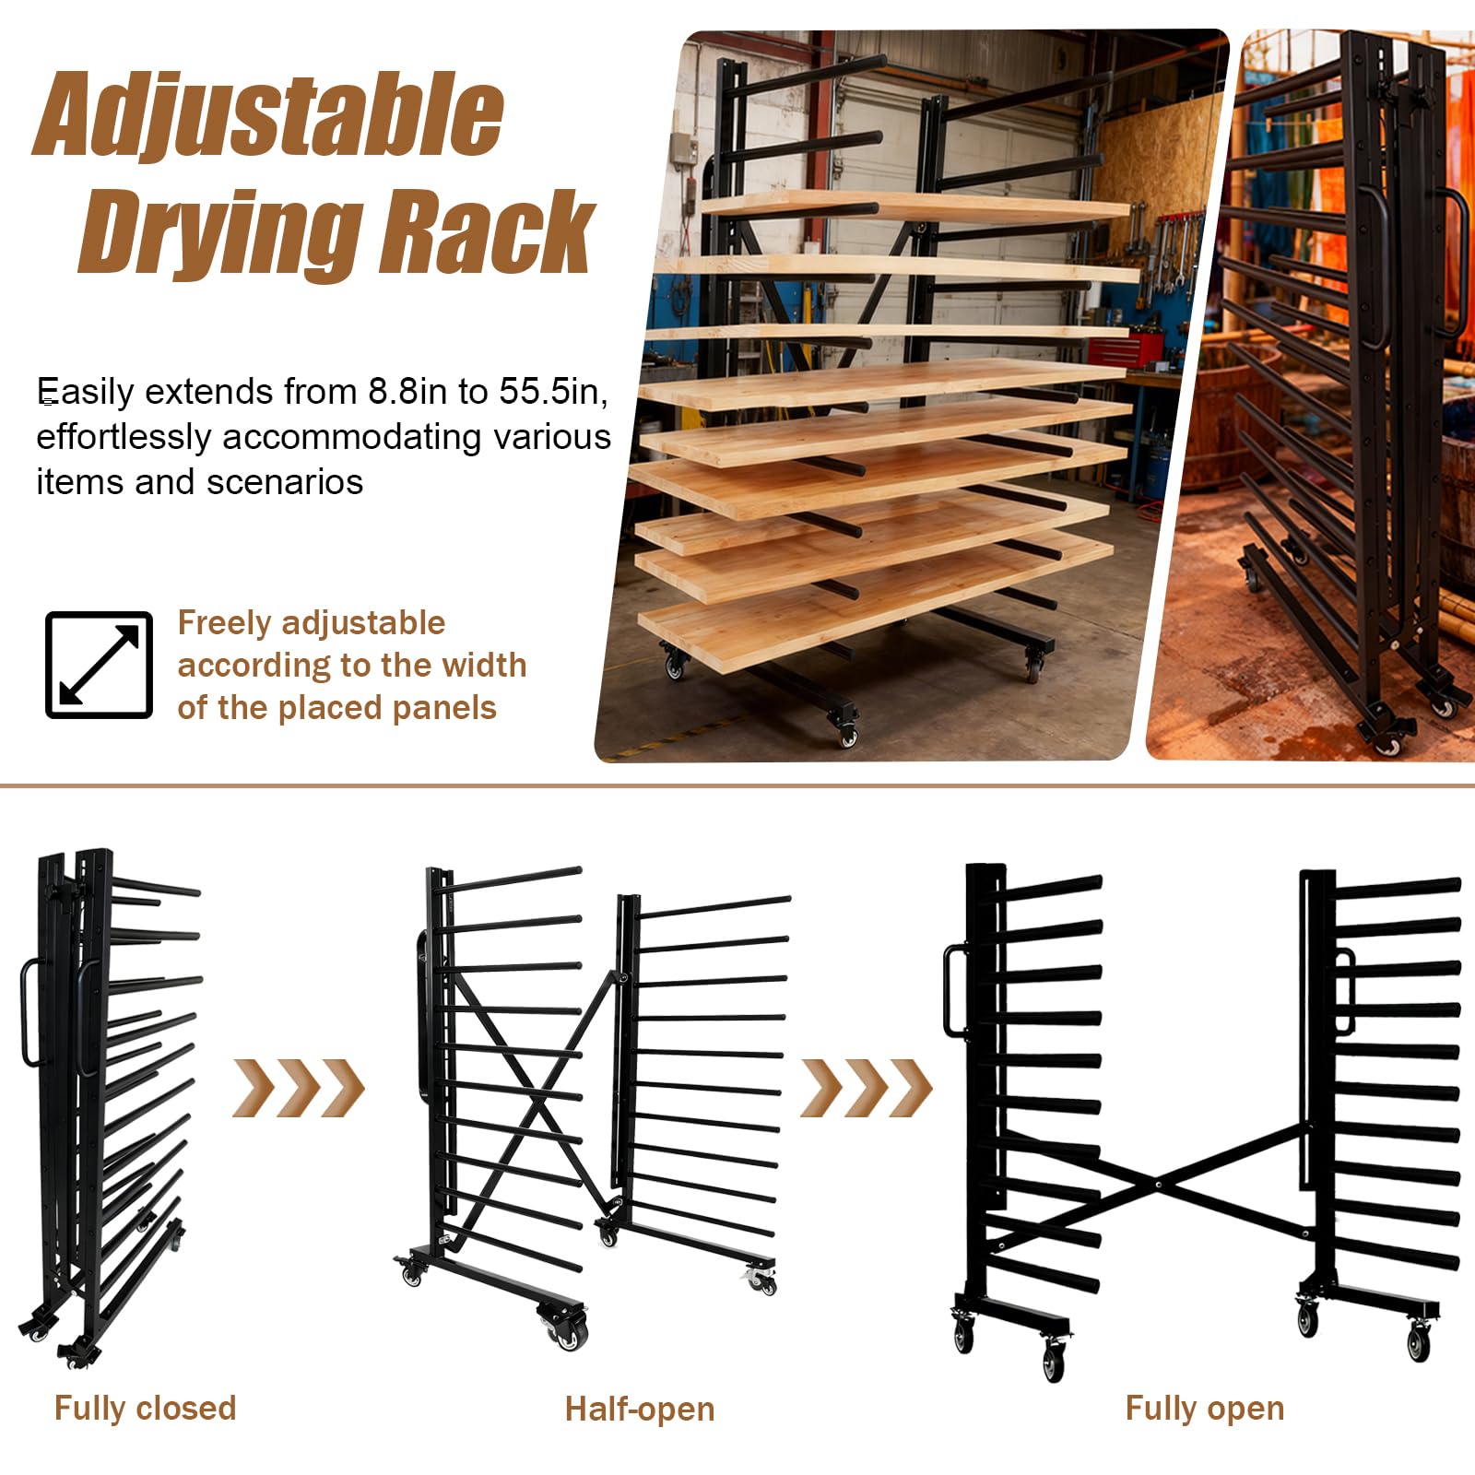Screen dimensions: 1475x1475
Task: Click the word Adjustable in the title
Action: (268, 118)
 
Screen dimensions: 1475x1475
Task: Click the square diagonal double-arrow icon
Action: (99, 665)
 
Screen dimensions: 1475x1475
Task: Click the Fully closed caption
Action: (145, 1409)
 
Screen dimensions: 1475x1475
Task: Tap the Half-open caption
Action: (640, 1410)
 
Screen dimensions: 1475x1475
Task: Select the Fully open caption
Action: (1205, 1409)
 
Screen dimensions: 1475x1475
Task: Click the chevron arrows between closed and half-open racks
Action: (298, 1088)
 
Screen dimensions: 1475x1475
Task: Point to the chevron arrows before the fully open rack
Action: (866, 1088)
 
